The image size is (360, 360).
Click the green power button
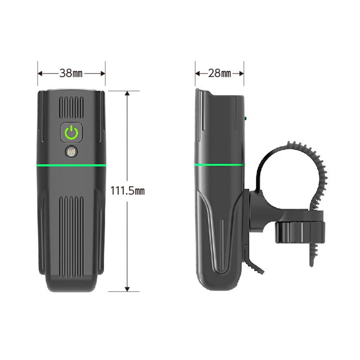click(71, 132)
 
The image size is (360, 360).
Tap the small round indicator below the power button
click(72, 152)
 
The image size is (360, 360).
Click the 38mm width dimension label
click(71, 73)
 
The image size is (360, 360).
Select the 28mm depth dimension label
click(220, 73)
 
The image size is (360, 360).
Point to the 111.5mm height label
click(127, 191)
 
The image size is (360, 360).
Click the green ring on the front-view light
click(71, 165)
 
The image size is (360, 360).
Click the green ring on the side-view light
click(219, 164)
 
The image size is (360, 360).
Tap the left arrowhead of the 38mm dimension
click(40, 73)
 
